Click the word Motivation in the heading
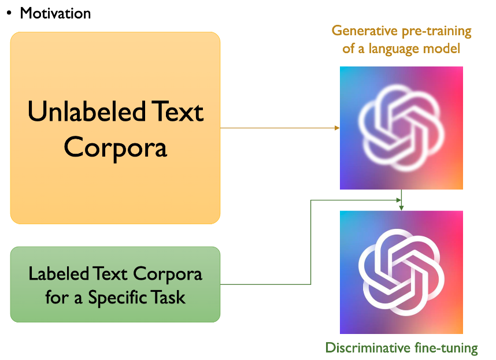[55, 13]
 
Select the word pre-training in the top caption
[432, 31]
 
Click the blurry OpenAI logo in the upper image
[401, 128]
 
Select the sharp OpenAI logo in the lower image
[401, 272]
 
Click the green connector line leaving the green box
[266, 284]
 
